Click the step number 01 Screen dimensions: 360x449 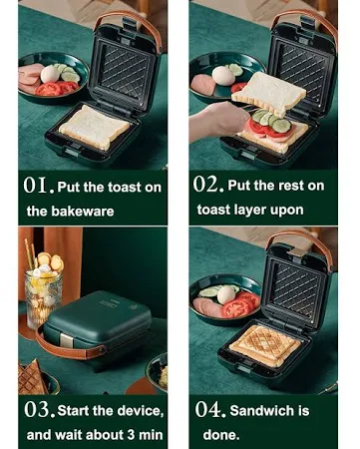[39, 186]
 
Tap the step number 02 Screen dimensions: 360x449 [208, 184]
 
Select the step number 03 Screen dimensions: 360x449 [39, 410]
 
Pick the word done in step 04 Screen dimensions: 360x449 [220, 435]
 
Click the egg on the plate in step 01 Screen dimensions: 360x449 [50, 74]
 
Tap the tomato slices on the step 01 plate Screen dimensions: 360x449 [56, 88]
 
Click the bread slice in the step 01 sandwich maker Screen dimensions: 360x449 [95, 127]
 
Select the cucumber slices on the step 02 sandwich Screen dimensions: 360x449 [271, 121]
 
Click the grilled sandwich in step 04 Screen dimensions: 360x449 [265, 346]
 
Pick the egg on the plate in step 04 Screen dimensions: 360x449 [226, 294]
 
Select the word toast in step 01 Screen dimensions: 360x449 [125, 188]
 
